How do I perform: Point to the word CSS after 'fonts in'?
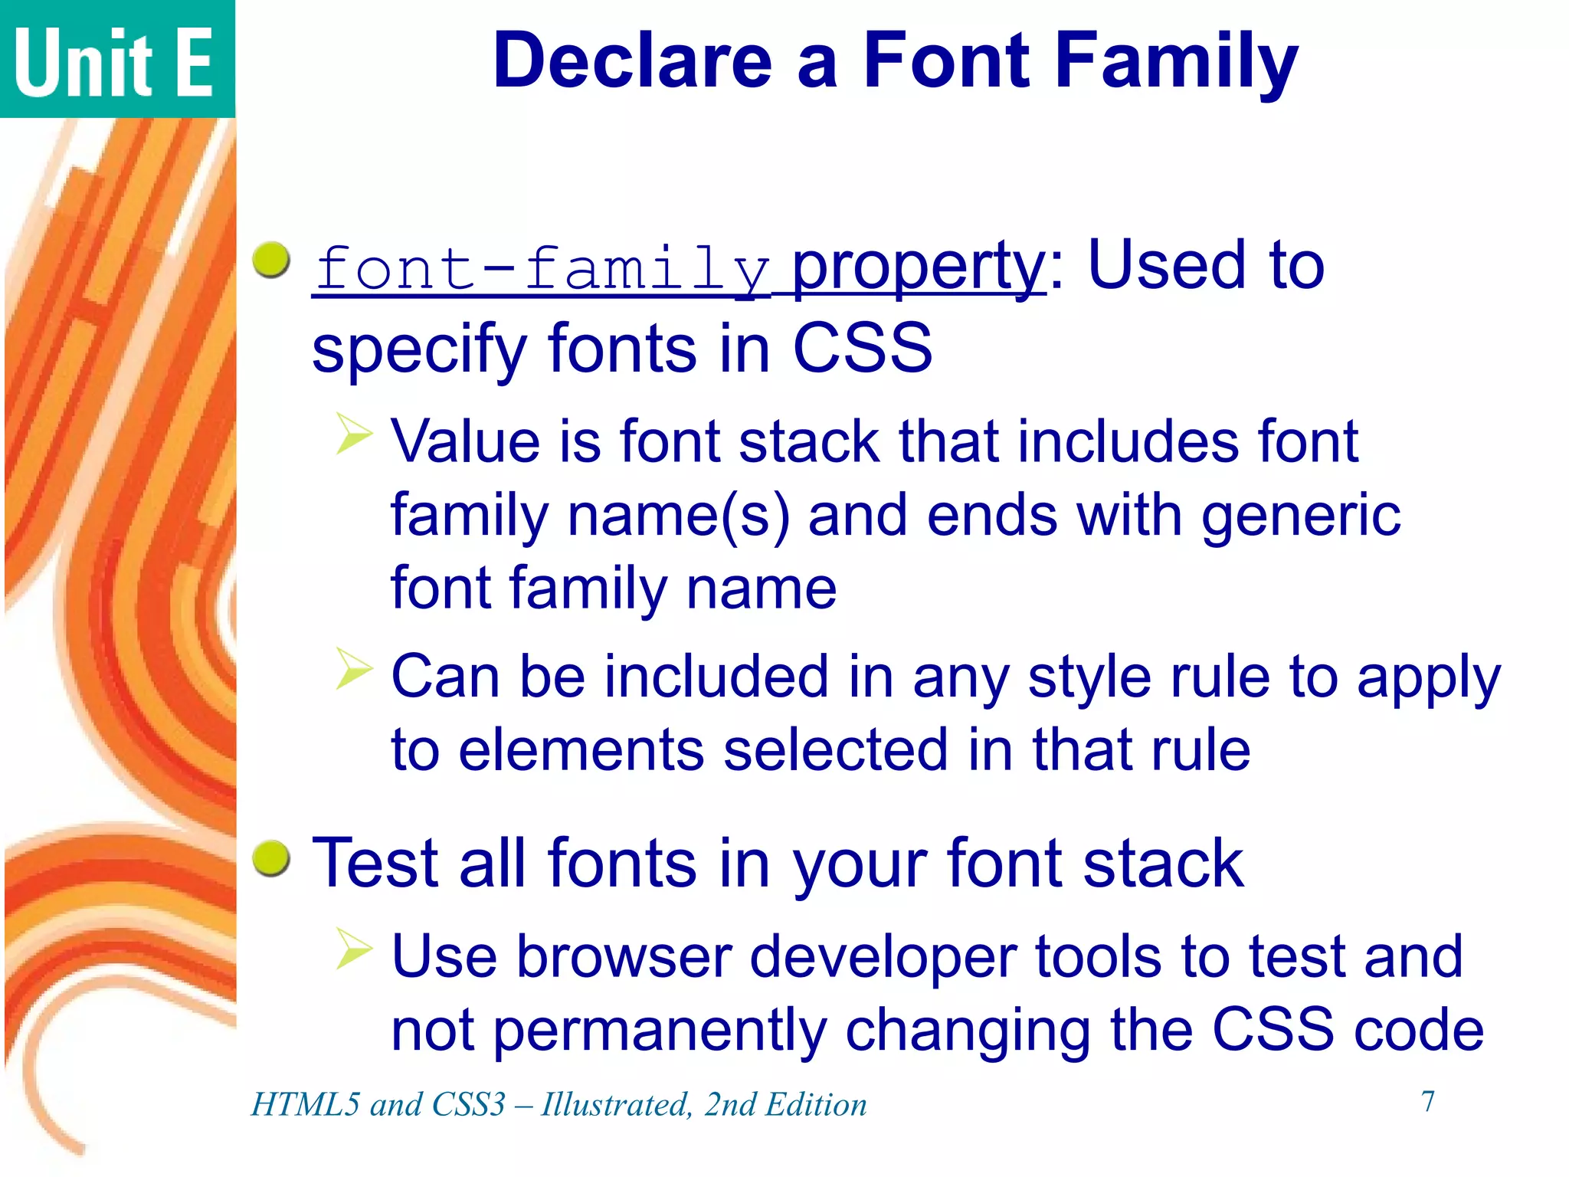[x=863, y=349]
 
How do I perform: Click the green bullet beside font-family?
[x=271, y=260]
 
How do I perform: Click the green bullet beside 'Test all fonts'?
[x=271, y=857]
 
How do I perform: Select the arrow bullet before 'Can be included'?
[x=354, y=668]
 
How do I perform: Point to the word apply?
[x=1428, y=679]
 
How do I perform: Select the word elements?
[x=581, y=750]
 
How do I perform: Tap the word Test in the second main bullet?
[x=375, y=863]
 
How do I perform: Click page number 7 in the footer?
[x=1428, y=1101]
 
